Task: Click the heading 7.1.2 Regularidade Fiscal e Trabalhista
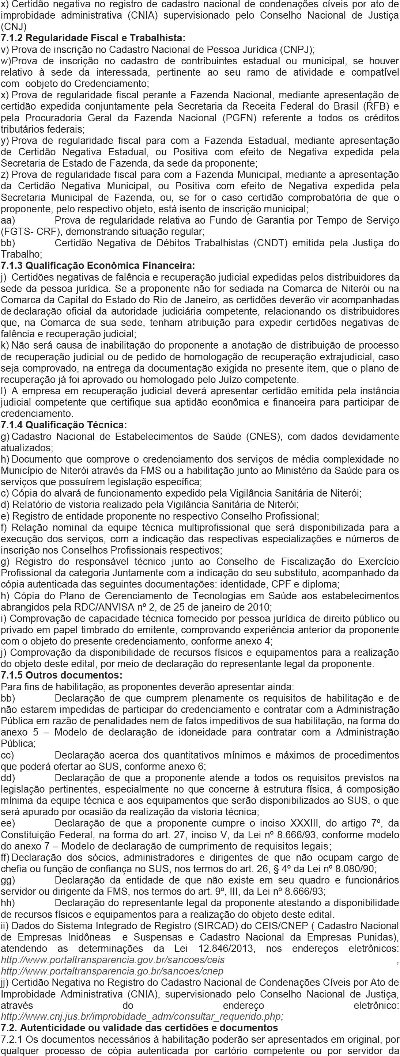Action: click(93, 38)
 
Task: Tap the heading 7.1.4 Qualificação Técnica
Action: click(64, 424)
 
